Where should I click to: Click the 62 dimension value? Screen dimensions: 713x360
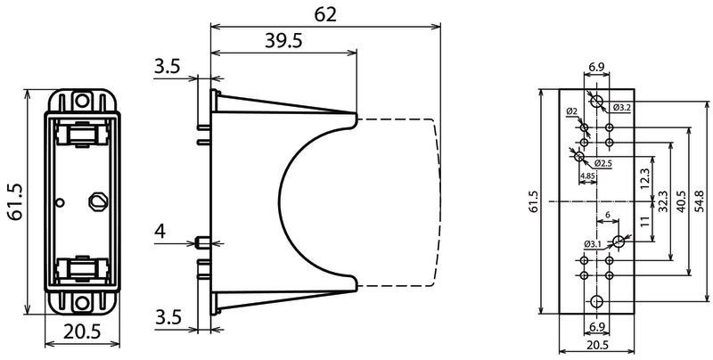(x=325, y=15)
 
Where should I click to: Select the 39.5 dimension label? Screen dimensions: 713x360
(x=283, y=42)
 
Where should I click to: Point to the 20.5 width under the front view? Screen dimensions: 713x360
(x=82, y=332)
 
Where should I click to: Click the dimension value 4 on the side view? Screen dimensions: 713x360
(x=160, y=233)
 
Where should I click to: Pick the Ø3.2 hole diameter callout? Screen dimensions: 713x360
(x=620, y=108)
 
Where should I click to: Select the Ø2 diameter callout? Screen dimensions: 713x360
(x=572, y=111)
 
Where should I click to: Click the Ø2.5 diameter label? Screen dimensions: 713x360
(x=603, y=164)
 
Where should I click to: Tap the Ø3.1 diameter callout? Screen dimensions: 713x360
(x=593, y=244)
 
